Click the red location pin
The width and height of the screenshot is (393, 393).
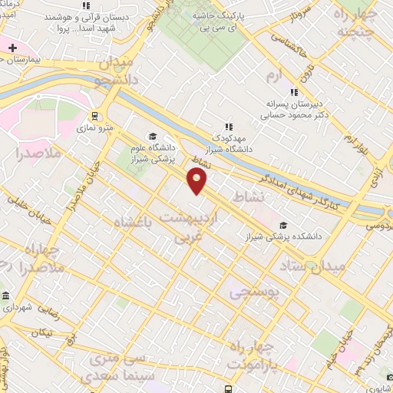tap(198, 181)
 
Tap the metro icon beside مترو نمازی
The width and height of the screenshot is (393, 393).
tap(94, 116)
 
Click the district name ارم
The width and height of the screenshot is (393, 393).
tap(275, 76)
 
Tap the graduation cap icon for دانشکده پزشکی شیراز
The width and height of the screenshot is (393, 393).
tap(284, 225)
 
